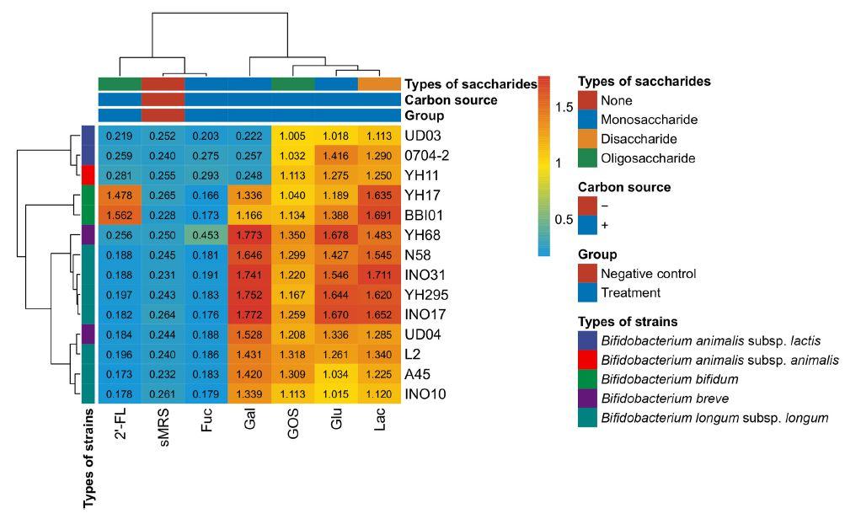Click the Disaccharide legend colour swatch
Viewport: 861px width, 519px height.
(x=588, y=139)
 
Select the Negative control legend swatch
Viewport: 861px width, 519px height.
(x=588, y=274)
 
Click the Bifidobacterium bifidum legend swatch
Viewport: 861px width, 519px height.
(x=588, y=379)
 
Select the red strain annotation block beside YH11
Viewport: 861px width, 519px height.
(x=87, y=175)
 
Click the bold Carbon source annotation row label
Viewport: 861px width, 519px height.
(x=451, y=100)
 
